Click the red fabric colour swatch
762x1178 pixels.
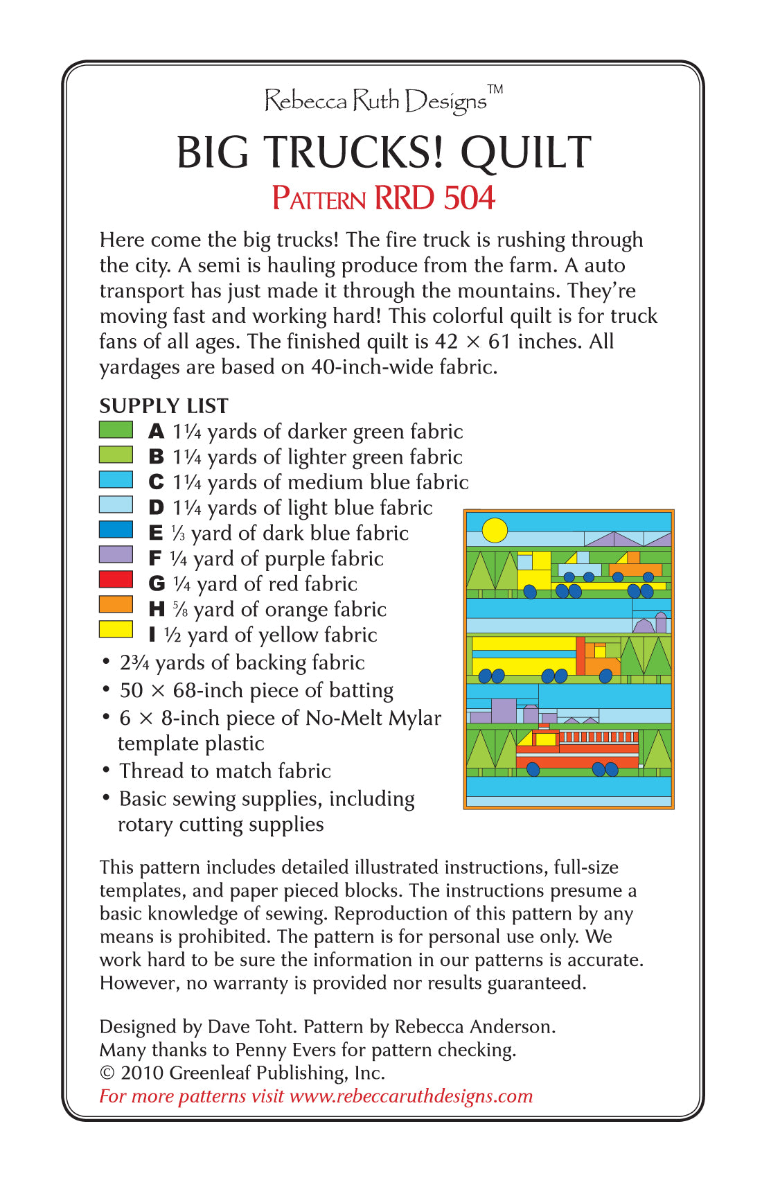click(x=116, y=579)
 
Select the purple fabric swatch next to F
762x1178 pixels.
click(x=116, y=554)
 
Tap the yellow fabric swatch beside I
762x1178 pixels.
click(x=116, y=629)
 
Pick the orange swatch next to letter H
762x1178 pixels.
click(x=116, y=604)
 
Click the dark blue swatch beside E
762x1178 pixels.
click(x=116, y=529)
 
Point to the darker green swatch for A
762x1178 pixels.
click(x=116, y=430)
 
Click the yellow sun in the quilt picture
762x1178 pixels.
click(x=495, y=530)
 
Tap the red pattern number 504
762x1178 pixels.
click(x=470, y=198)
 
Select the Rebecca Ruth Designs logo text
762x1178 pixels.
click(x=375, y=101)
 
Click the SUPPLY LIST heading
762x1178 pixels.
click(x=163, y=406)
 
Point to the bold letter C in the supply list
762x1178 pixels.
click(x=157, y=482)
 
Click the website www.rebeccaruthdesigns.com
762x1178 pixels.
click(x=411, y=1096)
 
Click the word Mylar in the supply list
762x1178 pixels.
click(x=414, y=719)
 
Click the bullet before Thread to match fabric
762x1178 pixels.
click(x=106, y=770)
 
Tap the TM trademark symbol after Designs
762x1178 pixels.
click(x=495, y=89)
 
